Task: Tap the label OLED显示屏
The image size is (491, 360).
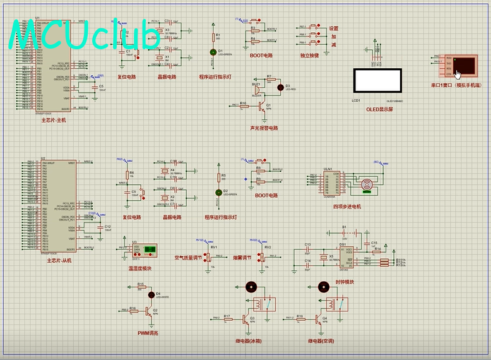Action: tap(379, 109)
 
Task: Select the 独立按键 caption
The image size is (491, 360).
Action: tap(309, 56)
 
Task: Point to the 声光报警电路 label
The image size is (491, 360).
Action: tap(263, 128)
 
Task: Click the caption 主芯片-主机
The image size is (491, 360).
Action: tap(54, 119)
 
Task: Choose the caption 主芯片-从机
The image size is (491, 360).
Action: tap(59, 260)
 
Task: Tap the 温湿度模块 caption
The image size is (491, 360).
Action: tap(140, 268)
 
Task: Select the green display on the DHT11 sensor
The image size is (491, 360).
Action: tap(150, 251)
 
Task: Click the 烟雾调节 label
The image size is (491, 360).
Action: tap(243, 258)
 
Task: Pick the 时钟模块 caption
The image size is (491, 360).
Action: tap(345, 282)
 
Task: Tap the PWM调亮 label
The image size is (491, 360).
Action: tap(148, 333)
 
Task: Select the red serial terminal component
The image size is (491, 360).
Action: tap(461, 66)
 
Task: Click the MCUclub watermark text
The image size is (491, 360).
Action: tap(86, 37)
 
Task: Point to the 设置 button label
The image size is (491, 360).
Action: tap(333, 28)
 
